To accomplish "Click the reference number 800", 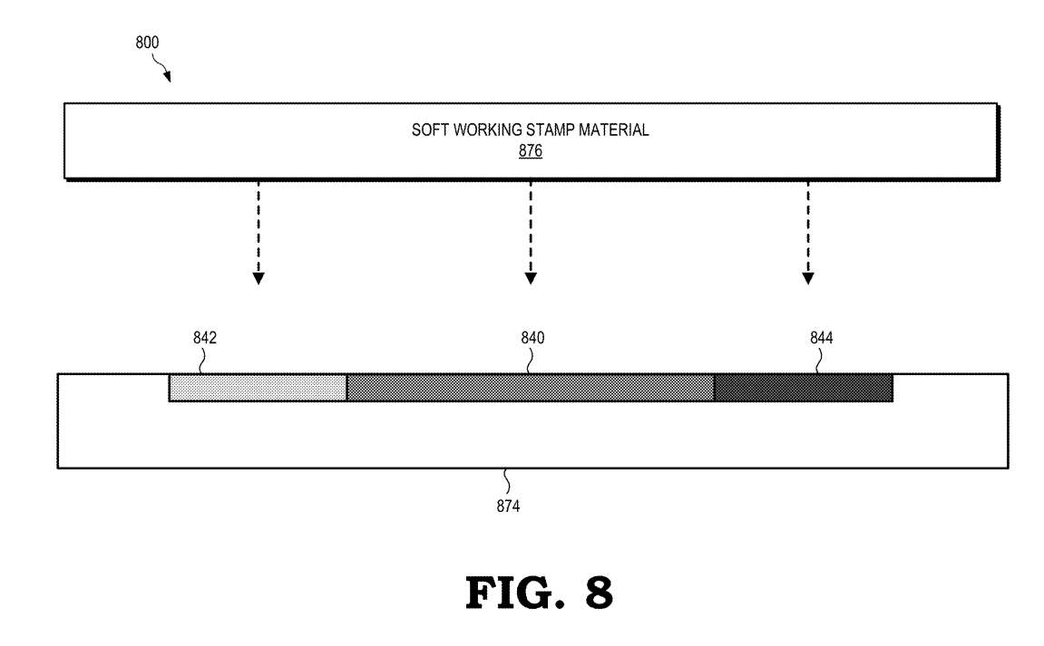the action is pyautogui.click(x=147, y=43).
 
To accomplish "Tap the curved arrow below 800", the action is pyautogui.click(x=161, y=68).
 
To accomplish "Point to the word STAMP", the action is pyautogui.click(x=550, y=130).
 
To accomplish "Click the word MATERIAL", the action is pyautogui.click(x=613, y=130).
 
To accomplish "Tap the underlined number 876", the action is pyautogui.click(x=531, y=151).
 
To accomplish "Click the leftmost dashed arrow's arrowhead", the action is pyautogui.click(x=259, y=278).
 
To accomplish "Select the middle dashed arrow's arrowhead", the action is pyautogui.click(x=531, y=278).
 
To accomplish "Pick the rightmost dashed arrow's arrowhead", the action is pyautogui.click(x=807, y=278).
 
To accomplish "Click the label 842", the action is pyautogui.click(x=205, y=338).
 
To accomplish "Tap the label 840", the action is pyautogui.click(x=532, y=338).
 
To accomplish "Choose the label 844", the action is pyautogui.click(x=822, y=338).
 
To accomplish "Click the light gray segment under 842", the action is pyautogui.click(x=259, y=388).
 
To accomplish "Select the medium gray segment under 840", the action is pyautogui.click(x=531, y=388).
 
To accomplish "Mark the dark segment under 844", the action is pyautogui.click(x=804, y=388).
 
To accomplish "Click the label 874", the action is pyautogui.click(x=508, y=506).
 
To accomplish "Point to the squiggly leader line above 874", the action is pyautogui.click(x=507, y=482).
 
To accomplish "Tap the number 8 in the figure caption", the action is pyautogui.click(x=600, y=593).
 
